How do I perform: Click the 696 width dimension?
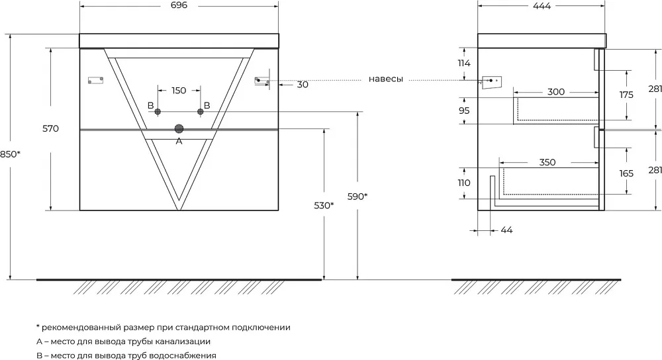tap(179, 5)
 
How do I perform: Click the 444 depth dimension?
tap(542, 6)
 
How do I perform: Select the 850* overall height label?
tap(10, 154)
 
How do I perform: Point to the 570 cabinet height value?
tap(51, 129)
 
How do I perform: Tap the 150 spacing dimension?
tap(179, 90)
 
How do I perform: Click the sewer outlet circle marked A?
tap(179, 129)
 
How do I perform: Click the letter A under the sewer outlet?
tap(179, 142)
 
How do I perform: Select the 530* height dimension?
tap(324, 206)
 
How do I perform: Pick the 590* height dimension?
tap(357, 197)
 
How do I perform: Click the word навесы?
tap(386, 79)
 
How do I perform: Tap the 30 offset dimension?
tap(303, 85)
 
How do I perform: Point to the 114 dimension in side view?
tap(464, 64)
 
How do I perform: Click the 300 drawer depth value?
tap(555, 91)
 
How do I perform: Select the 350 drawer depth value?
tap(547, 162)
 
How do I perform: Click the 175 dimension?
tap(626, 95)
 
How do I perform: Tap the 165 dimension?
tap(626, 173)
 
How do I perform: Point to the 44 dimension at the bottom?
tap(506, 230)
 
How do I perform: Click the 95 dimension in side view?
tap(464, 111)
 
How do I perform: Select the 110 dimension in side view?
tap(464, 183)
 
